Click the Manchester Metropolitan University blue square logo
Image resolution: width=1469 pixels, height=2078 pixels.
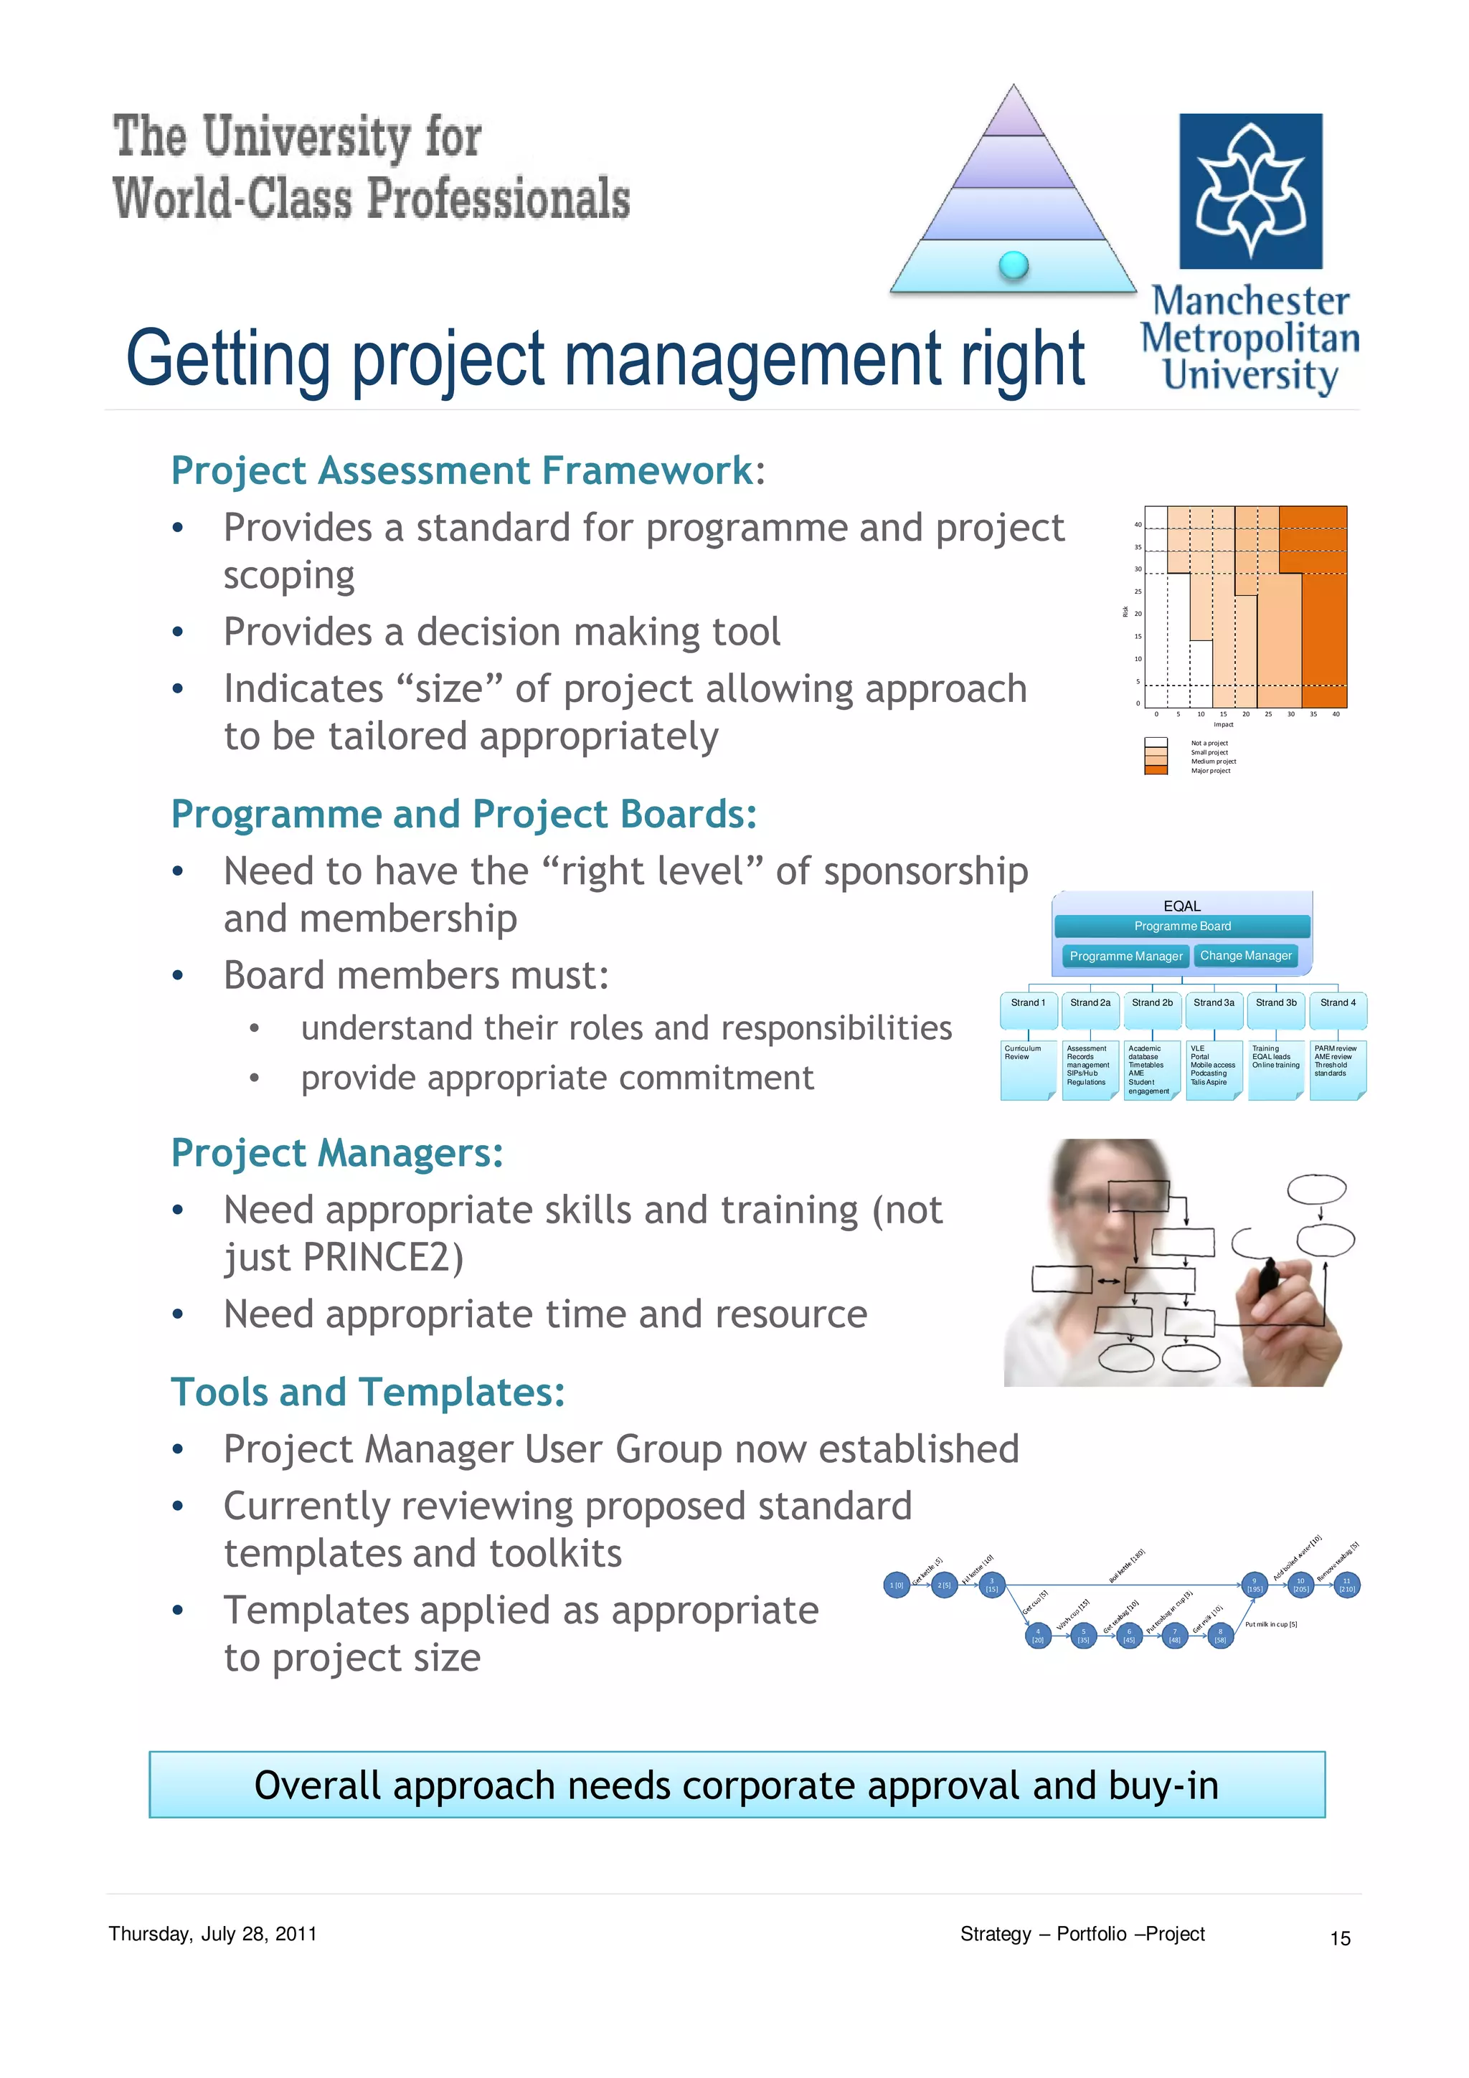[x=1250, y=191]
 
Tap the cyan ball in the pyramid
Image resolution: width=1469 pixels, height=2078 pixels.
[x=1013, y=265]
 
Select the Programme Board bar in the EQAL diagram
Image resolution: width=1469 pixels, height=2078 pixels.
[x=1181, y=926]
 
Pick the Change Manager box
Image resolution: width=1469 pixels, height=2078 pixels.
[x=1245, y=956]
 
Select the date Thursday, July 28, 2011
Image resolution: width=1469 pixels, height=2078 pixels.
[x=213, y=1934]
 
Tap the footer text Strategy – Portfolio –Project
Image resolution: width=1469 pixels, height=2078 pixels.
[x=1082, y=1934]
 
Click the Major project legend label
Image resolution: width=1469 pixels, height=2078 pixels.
[x=1210, y=771]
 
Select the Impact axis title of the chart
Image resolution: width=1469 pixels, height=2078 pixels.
[x=1223, y=725]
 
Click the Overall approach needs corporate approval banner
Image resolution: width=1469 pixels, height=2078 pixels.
[x=736, y=1785]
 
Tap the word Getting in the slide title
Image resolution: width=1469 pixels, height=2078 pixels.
[x=228, y=359]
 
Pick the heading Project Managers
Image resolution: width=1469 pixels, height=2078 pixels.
[x=336, y=1154]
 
